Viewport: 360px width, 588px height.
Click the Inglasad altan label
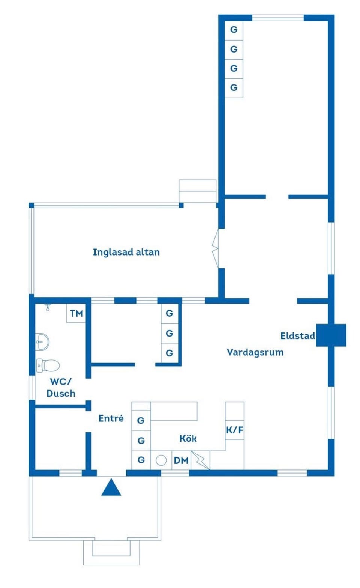click(x=126, y=252)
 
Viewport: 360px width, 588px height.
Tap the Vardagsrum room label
click(x=255, y=352)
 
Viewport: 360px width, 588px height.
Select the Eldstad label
click(x=298, y=336)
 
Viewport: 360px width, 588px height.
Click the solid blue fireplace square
click(x=331, y=335)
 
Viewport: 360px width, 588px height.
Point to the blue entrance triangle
click(x=111, y=487)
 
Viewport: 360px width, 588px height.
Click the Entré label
click(x=111, y=418)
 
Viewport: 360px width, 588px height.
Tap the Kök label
click(x=188, y=438)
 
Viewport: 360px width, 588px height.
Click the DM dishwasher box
click(x=181, y=460)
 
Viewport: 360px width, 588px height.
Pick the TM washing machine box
click(x=76, y=313)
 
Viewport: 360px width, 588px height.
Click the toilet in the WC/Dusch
click(x=48, y=365)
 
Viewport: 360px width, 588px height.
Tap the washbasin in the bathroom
click(x=42, y=342)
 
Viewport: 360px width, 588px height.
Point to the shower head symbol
click(x=48, y=307)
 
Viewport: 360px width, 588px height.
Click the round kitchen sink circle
click(x=161, y=460)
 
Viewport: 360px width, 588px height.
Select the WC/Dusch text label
click(x=61, y=388)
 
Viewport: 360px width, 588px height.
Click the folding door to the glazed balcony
click(x=215, y=248)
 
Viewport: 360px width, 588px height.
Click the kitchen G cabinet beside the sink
click(x=141, y=460)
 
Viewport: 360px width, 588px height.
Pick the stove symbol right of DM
click(x=201, y=460)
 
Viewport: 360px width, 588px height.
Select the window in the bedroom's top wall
click(x=278, y=18)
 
